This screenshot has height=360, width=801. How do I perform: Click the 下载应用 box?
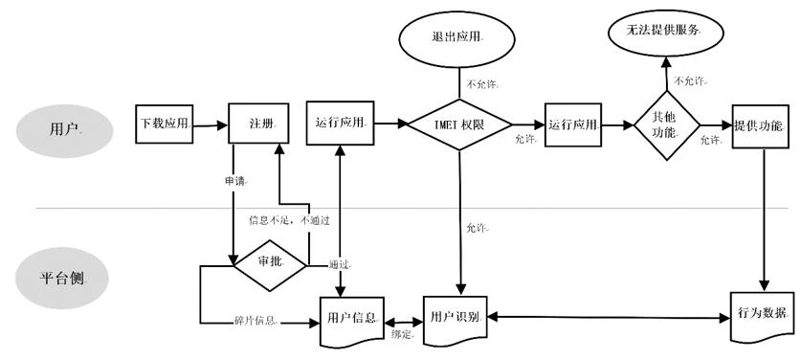pos(165,124)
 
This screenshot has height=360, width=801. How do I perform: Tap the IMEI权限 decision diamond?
pos(460,124)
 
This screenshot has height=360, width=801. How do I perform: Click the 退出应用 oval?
pos(456,37)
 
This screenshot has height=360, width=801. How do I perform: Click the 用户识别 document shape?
pos(456,317)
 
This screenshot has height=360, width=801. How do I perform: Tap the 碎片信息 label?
pos(256,319)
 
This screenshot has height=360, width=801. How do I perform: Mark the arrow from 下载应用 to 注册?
pos(210,124)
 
